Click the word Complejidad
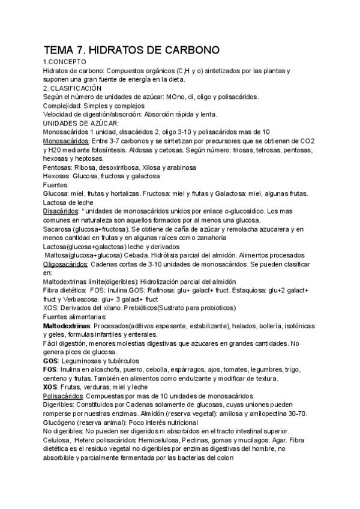[67, 105]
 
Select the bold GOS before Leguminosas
[50, 361]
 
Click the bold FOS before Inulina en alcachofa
[50, 370]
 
